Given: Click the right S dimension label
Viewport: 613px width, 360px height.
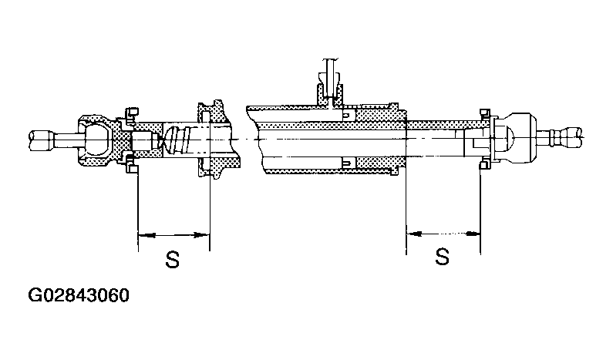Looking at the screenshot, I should (442, 256).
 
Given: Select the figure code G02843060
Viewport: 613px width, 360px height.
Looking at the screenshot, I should (79, 296).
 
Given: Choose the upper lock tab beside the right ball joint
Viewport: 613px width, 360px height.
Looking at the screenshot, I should (485, 114).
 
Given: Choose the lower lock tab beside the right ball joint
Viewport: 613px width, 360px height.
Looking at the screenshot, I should (485, 164).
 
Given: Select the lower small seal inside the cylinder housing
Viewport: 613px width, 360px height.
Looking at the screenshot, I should (347, 162).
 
